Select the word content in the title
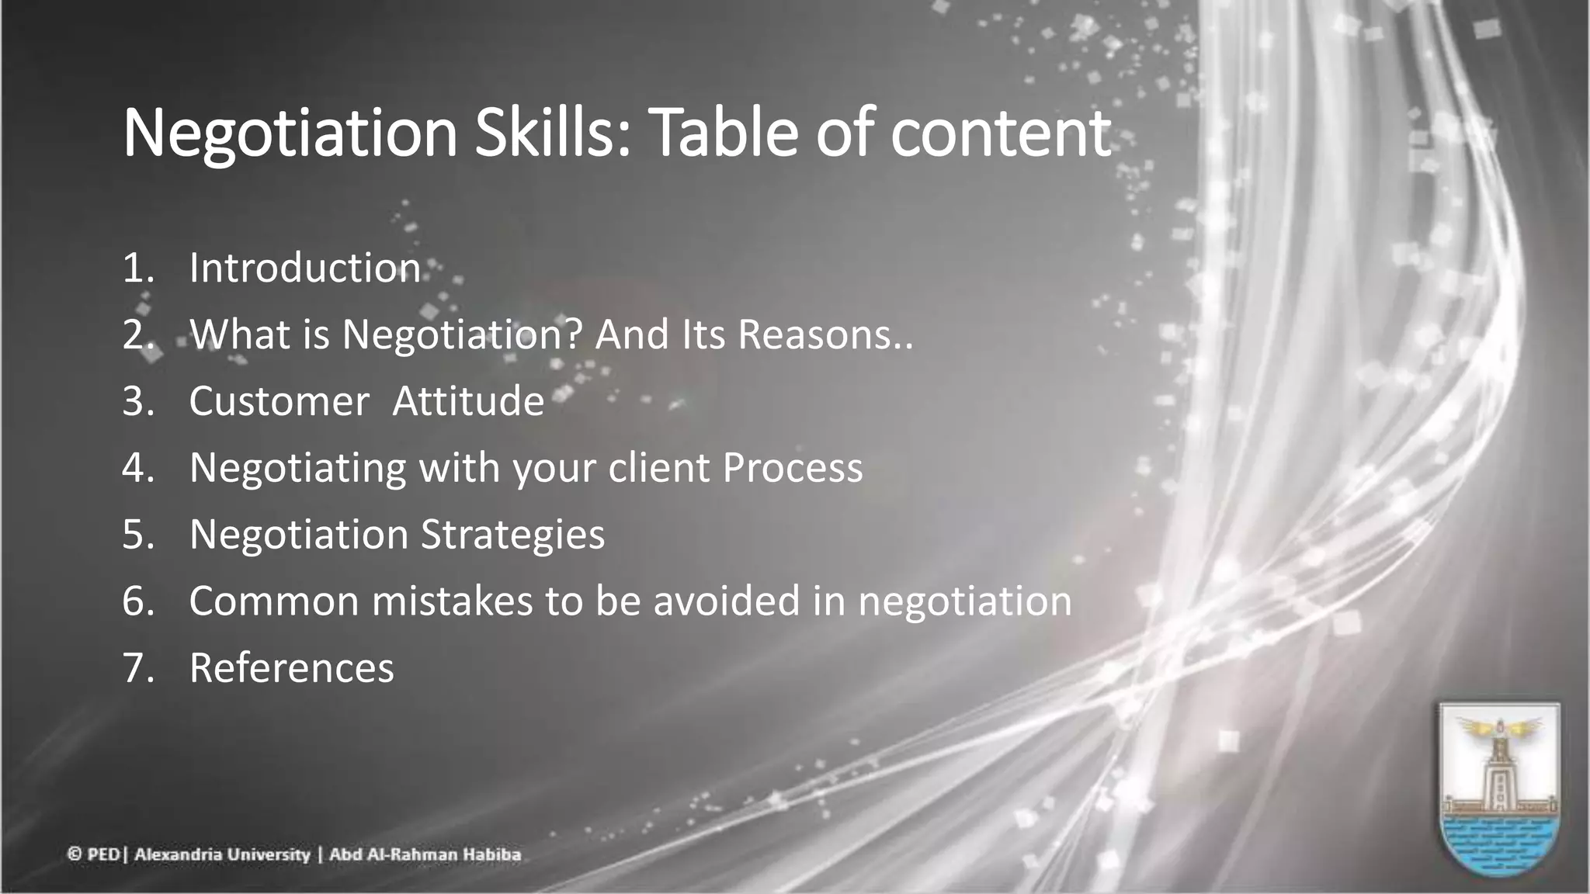click(1001, 133)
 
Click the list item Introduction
click(304, 268)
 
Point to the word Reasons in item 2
click(818, 334)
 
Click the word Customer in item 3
click(279, 401)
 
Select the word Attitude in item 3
click(468, 401)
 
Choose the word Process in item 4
click(793, 468)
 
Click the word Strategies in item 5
click(512, 535)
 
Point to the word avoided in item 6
click(727, 601)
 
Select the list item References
click(291, 668)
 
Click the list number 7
click(137, 668)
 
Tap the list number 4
click(137, 468)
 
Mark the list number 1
click(137, 268)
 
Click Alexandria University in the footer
click(222, 855)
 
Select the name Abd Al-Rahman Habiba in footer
click(425, 855)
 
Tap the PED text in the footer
click(102, 855)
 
